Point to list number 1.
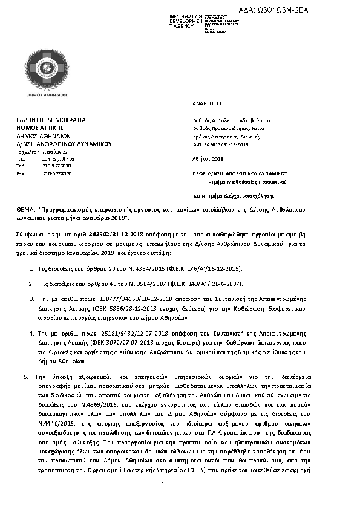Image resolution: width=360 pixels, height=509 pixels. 31,267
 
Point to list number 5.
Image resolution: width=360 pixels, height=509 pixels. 26,377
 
